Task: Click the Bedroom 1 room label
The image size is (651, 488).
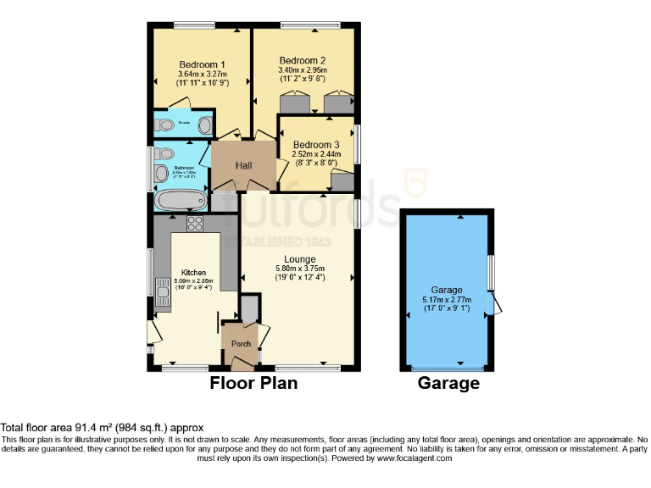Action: point(202,64)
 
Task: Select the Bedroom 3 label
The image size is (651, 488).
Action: point(316,144)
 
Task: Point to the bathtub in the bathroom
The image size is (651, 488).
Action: point(181,201)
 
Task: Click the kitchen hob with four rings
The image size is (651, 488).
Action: point(194,224)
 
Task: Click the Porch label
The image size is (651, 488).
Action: point(241,343)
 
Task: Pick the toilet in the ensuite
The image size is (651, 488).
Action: point(164,126)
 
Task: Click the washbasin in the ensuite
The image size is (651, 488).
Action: point(204,126)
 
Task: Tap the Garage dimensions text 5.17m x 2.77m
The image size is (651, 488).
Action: point(447,300)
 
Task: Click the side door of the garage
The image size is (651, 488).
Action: point(498,303)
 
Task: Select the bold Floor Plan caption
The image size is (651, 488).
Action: point(253,383)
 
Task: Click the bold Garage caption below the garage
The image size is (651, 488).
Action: point(448,383)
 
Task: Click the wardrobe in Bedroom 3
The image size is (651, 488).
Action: point(342,181)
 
